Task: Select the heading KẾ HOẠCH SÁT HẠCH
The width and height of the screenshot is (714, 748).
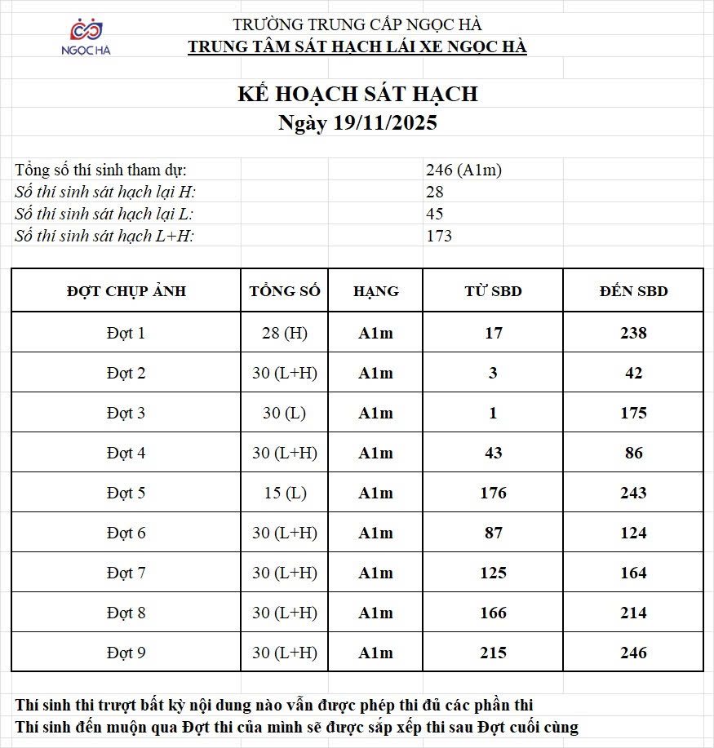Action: pyautogui.click(x=357, y=94)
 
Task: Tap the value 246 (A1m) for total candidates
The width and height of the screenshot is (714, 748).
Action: pyautogui.click(x=463, y=170)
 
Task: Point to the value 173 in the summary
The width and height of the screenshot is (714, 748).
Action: pyautogui.click(x=439, y=237)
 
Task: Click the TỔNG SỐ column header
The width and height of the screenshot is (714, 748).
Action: pyautogui.click(x=285, y=291)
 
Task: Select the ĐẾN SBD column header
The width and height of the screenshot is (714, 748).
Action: pyautogui.click(x=633, y=291)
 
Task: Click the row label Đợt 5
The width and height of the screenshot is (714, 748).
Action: pyautogui.click(x=126, y=493)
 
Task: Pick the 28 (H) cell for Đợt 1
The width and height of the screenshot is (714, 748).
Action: pyautogui.click(x=285, y=333)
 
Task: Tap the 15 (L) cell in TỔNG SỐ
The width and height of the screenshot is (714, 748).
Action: pyautogui.click(x=285, y=493)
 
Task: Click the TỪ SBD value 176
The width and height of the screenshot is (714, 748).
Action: pyautogui.click(x=493, y=493)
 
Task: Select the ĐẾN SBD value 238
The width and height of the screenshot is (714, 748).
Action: pyautogui.click(x=633, y=333)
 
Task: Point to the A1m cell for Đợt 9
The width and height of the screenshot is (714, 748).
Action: pyautogui.click(x=375, y=653)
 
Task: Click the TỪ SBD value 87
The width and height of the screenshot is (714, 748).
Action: pyautogui.click(x=493, y=533)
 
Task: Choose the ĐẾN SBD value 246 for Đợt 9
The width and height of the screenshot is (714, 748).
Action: pyautogui.click(x=633, y=653)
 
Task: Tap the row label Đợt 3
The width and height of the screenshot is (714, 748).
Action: pyautogui.click(x=126, y=413)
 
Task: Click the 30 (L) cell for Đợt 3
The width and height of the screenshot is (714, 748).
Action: pyautogui.click(x=285, y=413)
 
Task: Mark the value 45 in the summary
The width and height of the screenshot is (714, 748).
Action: pyautogui.click(x=435, y=215)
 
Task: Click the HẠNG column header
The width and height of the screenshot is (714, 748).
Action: pyautogui.click(x=375, y=291)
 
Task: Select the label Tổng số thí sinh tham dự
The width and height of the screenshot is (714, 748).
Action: pyautogui.click(x=101, y=170)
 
